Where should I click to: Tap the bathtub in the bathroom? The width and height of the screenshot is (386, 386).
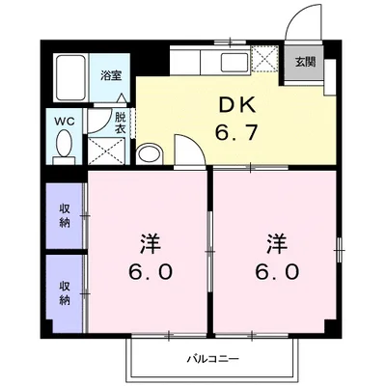coord(69,77)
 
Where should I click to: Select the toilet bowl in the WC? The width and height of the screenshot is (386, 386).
coord(63,146)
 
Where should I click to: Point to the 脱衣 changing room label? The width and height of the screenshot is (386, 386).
coord(121,123)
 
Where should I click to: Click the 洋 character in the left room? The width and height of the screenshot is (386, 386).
coord(150,241)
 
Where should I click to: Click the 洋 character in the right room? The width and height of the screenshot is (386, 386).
coord(276,241)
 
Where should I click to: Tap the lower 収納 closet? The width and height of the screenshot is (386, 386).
coord(64,290)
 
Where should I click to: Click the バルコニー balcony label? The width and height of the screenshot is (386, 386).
coord(212,360)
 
